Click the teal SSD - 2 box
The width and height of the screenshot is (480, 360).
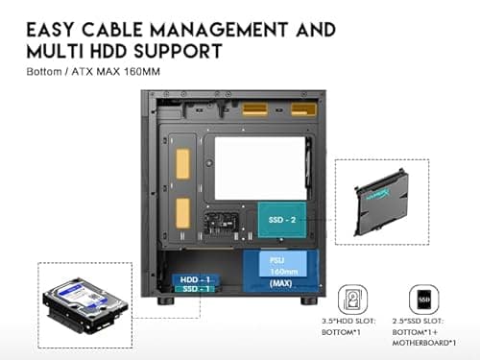284,220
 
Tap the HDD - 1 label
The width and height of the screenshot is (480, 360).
194,278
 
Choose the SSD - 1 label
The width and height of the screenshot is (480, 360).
194,289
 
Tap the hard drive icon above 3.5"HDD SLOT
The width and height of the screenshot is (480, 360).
355,297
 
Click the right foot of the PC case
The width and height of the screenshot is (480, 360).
307,300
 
